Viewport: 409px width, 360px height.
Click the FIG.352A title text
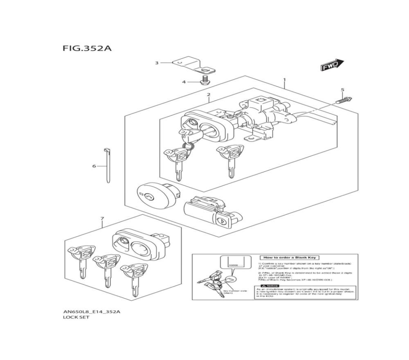point(87,48)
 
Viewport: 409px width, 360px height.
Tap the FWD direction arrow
point(332,65)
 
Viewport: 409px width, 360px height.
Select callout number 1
point(284,80)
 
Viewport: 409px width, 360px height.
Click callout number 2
point(209,95)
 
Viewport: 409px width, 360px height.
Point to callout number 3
point(156,63)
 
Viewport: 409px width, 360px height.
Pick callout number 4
point(184,82)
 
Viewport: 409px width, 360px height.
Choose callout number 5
point(342,90)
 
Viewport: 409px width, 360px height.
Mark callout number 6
point(94,166)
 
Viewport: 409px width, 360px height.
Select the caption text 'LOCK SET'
point(74,317)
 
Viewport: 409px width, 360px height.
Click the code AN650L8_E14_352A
point(91,311)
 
